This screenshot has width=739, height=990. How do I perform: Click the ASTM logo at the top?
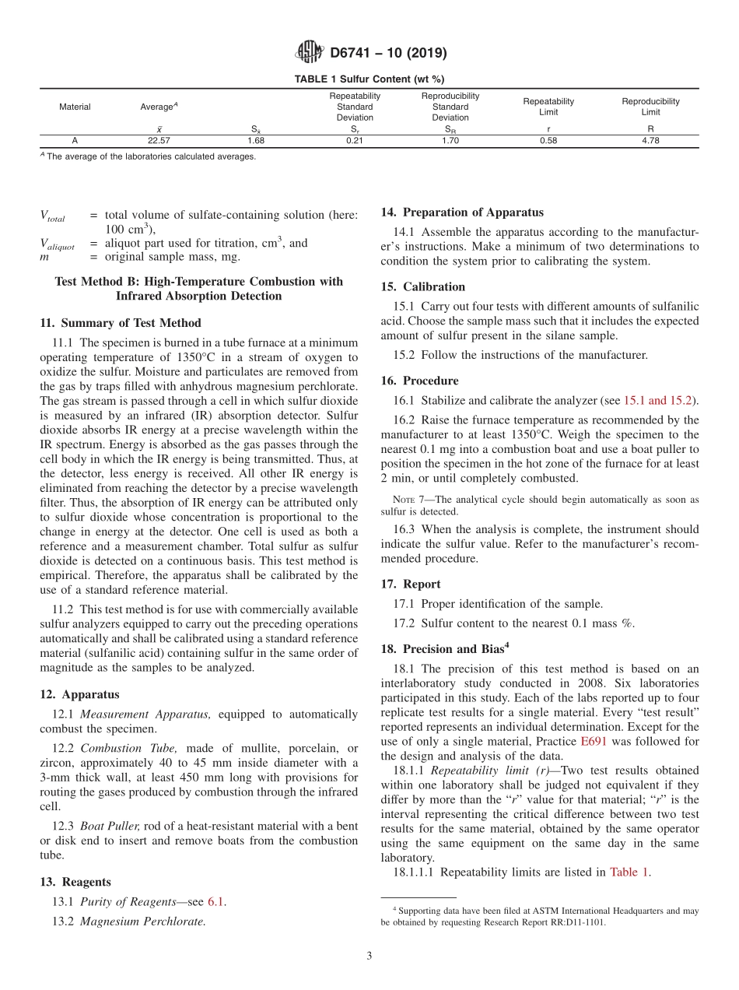tap(310, 53)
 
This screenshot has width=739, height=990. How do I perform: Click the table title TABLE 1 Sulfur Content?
tap(369, 79)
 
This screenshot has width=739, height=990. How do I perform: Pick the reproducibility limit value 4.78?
tap(650, 141)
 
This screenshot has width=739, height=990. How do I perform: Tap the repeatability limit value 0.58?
tap(548, 141)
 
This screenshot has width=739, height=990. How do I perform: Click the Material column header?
tap(75, 107)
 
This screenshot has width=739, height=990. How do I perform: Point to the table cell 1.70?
tap(450, 141)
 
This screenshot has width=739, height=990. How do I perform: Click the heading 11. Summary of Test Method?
tap(120, 323)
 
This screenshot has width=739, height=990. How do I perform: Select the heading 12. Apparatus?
tap(79, 694)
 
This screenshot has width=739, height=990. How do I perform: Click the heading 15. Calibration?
tap(423, 286)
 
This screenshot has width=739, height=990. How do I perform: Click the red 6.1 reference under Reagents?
tap(216, 902)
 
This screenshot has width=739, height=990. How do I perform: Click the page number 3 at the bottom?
tap(369, 957)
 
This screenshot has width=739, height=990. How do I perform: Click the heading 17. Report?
tap(411, 584)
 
